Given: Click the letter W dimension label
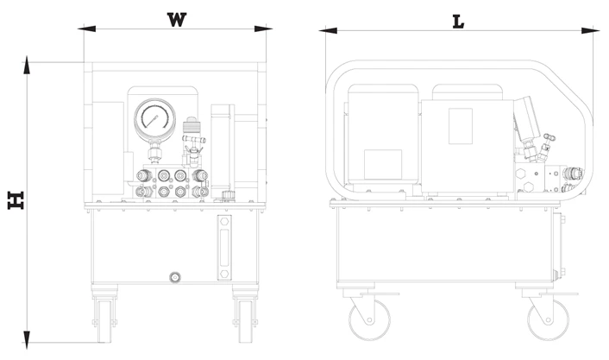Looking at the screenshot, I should point(177,19).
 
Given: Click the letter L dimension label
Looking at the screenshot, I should point(458,22).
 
